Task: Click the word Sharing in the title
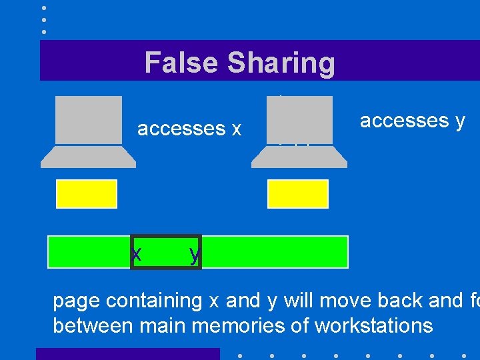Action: pos(281,63)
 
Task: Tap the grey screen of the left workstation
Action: pos(89,119)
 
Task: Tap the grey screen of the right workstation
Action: pos(299,119)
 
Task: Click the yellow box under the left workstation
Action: pos(87,193)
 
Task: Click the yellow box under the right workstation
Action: pos(298,193)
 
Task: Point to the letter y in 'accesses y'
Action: pos(459,122)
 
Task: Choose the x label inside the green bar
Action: pos(137,254)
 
